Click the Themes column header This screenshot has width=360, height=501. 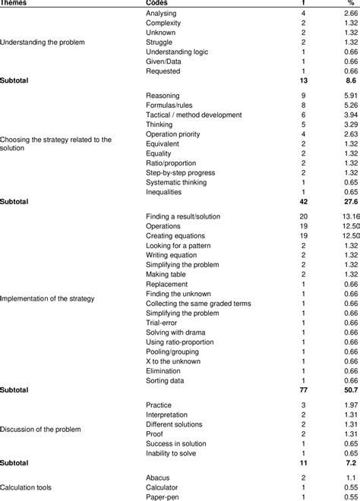17,3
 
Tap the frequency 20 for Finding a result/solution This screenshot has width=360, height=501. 305,216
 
